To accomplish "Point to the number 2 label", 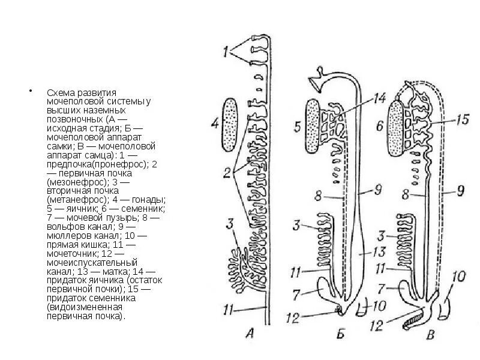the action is (227, 174).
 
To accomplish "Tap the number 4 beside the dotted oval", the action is (214, 124).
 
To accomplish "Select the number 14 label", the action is (380, 97).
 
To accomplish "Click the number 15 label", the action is (461, 121).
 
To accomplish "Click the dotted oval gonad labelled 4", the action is (232, 124).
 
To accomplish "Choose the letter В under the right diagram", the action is (430, 335).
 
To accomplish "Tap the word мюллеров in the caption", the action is (66, 236).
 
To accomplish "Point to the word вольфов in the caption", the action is (65, 227).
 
